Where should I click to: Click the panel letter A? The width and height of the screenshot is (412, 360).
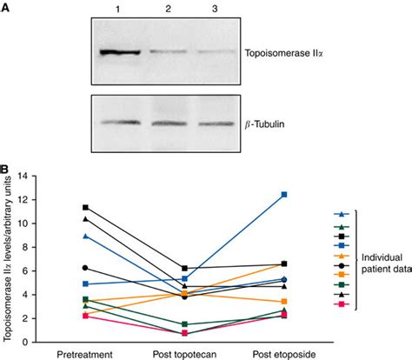[x=7, y=7]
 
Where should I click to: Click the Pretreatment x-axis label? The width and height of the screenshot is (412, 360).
[x=84, y=354]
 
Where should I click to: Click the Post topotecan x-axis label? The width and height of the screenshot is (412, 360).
[x=183, y=354]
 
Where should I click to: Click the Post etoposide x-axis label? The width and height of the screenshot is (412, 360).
[x=283, y=354]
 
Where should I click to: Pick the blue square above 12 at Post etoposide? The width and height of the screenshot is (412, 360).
[x=283, y=195]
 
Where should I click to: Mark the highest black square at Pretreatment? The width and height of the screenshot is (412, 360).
[x=84, y=207]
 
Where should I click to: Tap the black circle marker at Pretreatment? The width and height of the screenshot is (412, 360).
[x=84, y=268]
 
